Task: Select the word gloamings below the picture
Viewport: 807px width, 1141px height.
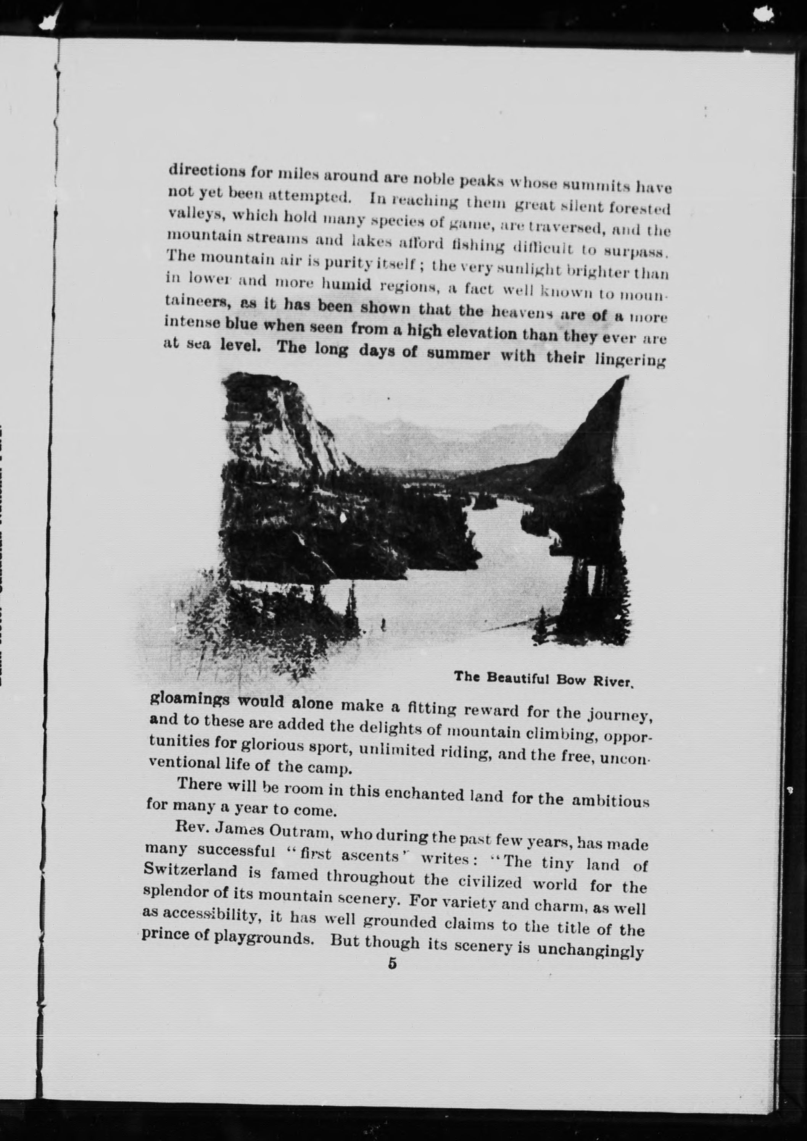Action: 189,701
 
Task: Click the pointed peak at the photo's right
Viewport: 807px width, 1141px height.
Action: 605,417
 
